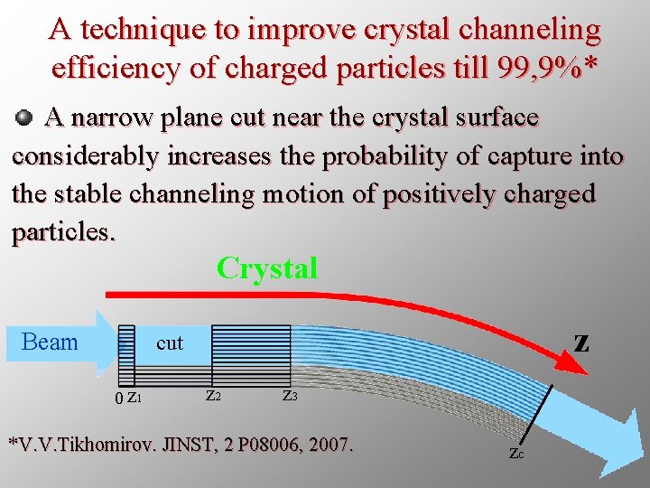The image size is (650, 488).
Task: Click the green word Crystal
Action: click(267, 268)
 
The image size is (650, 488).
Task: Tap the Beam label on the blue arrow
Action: click(50, 342)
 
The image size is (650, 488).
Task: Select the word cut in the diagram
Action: click(169, 343)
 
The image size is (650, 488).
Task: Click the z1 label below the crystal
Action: click(134, 398)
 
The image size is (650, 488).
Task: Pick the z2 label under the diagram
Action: click(213, 396)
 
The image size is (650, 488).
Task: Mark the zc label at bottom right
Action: click(515, 454)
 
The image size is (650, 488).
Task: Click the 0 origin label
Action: click(119, 399)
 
